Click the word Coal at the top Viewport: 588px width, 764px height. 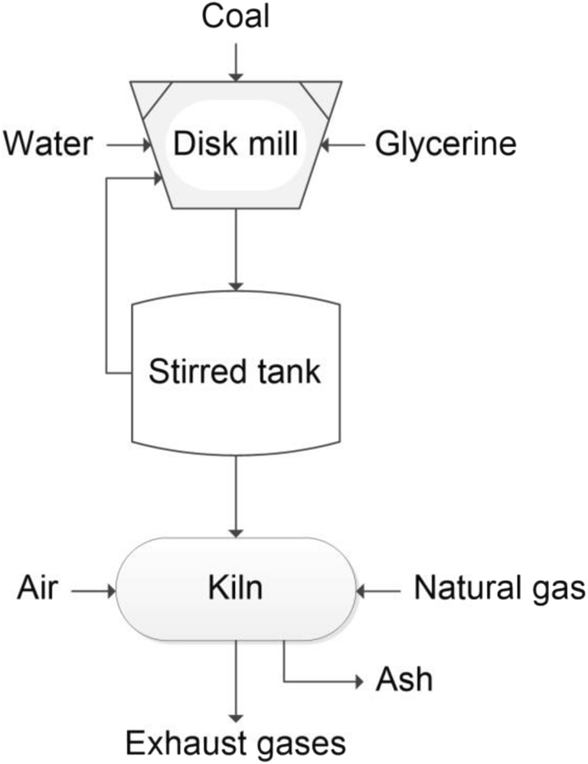pos(236,17)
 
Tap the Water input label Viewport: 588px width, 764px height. pos(49,142)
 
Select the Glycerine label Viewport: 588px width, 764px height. pos(446,143)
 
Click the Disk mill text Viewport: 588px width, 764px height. pos(235,143)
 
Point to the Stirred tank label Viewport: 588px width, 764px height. pos(235,374)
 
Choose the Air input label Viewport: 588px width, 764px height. pos(36,589)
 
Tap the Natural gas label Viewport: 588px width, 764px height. pos(499,589)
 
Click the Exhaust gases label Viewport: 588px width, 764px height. pos(236,742)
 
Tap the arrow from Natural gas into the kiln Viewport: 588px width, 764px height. pos(379,590)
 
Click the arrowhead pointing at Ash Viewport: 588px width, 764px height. pos(358,680)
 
